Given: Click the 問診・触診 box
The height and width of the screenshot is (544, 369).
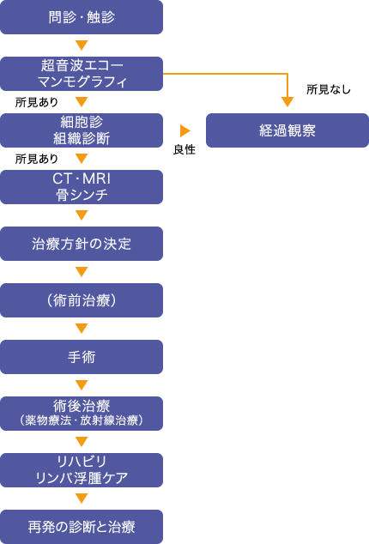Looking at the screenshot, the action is click(x=82, y=17).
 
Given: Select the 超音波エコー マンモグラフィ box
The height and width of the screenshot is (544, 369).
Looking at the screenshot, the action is click(x=82, y=74).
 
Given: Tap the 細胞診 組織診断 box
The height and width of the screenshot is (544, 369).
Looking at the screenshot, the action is click(x=82, y=130).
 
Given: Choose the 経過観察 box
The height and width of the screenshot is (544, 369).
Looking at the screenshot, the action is click(x=287, y=130).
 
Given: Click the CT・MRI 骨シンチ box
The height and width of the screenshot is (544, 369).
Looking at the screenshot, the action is click(x=82, y=187).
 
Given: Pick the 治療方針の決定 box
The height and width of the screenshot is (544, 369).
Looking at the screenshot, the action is click(x=82, y=244).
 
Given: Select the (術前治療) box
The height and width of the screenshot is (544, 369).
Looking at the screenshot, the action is click(x=82, y=300).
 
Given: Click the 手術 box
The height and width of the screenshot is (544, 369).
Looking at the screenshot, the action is click(x=82, y=357).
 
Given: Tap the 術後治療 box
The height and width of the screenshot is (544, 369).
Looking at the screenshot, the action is click(x=82, y=414).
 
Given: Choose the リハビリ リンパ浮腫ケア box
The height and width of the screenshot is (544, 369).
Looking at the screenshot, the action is click(x=82, y=470).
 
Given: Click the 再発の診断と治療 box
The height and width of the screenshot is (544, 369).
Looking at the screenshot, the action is click(x=82, y=527).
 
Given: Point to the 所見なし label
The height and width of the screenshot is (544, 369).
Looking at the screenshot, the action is click(x=329, y=89).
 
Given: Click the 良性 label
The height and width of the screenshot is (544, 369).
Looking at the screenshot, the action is click(x=184, y=149).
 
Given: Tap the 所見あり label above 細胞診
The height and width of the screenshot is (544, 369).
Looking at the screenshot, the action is click(x=36, y=102).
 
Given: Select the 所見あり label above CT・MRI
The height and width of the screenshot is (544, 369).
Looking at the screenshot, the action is click(x=36, y=159).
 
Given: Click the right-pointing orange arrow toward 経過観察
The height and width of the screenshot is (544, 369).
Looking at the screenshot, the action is click(x=185, y=130).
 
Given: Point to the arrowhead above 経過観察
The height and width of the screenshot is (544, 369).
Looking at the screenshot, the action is click(x=287, y=102).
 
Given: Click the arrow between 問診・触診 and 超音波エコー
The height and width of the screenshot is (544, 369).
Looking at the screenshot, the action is click(x=82, y=45).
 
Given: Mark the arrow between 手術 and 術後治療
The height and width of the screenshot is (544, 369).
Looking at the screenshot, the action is click(x=82, y=385).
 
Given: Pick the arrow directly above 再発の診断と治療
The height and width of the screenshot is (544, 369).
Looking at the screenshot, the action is click(x=82, y=499).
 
